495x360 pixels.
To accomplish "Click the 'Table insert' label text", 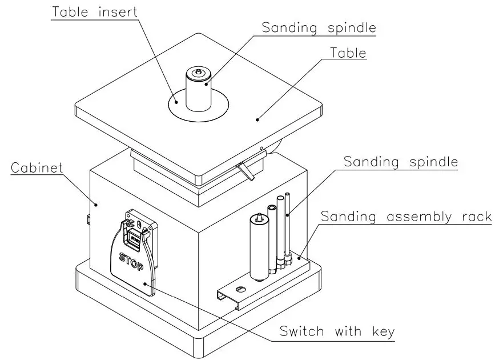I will pyautogui.click(x=94, y=11).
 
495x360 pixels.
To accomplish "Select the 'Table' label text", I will pyautogui.click(x=348, y=53).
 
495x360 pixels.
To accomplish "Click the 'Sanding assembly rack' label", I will pyautogui.click(x=406, y=217).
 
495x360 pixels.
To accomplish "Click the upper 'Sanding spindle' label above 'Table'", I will pyautogui.click(x=319, y=27).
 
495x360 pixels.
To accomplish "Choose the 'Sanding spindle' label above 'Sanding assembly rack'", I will pyautogui.click(x=400, y=162).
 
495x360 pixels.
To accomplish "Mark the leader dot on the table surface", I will pyautogui.click(x=257, y=119).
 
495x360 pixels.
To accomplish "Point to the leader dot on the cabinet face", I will pyautogui.click(x=96, y=204).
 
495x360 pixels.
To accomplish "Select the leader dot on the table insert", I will pyautogui.click(x=178, y=103).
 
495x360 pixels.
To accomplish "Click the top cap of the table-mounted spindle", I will pyautogui.click(x=198, y=74).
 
